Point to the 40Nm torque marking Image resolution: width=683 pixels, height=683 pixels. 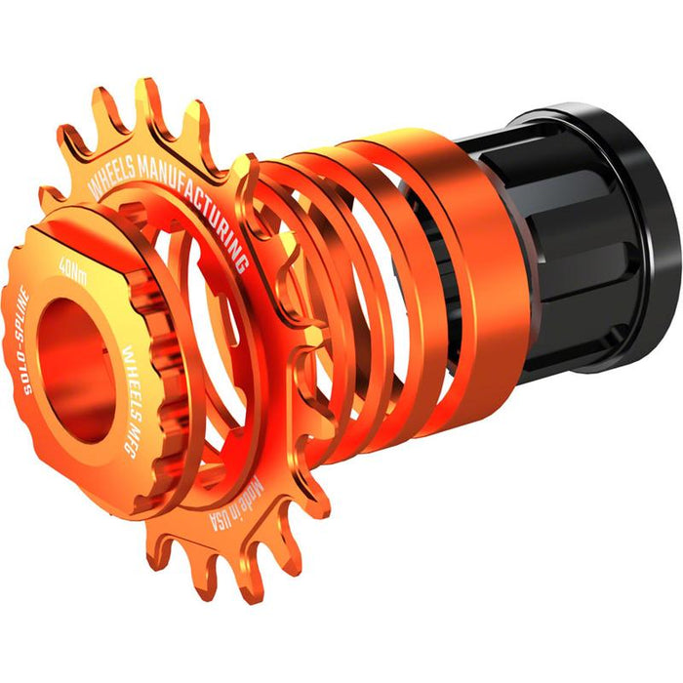pos(72,267)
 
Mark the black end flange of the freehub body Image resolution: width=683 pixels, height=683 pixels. pos(634,244)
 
